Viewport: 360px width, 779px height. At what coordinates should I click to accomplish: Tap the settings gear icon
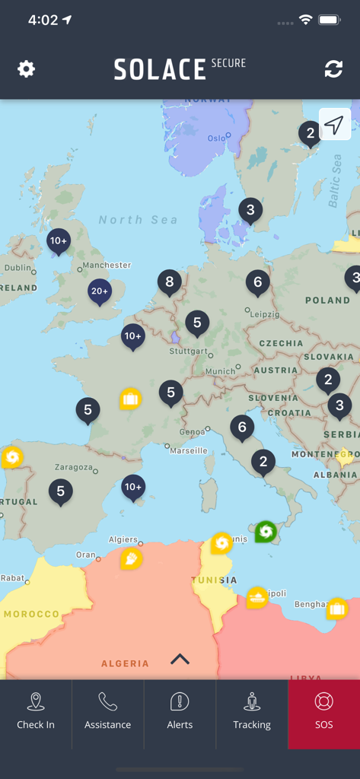coord(27,69)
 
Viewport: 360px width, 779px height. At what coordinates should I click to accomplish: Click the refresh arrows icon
coord(333,69)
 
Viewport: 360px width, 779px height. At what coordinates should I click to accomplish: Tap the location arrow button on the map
coord(335,126)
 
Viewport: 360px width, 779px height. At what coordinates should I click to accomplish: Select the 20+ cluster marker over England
coord(100,291)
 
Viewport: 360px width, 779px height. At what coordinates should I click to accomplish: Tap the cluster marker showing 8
coord(170,282)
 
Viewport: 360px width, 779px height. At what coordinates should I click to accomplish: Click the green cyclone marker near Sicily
coord(266,531)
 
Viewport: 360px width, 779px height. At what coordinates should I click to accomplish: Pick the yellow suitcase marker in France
coord(130,399)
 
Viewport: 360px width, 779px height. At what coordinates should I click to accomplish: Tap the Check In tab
coord(36,713)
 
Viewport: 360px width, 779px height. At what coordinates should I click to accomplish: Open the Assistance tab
coord(107,713)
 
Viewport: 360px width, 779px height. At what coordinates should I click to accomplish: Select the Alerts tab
coord(180,713)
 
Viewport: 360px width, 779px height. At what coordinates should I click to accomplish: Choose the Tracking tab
coord(252,713)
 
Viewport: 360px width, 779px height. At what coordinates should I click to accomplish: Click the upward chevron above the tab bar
coord(180,659)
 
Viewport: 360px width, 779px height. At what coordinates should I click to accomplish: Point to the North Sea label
coord(138,220)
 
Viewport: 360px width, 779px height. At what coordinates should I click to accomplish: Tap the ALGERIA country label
coord(125,663)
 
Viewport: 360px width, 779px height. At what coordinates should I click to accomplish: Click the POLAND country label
coord(327,300)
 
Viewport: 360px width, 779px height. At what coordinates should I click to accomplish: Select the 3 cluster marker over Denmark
coord(250,210)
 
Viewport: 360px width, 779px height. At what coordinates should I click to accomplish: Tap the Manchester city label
coord(107,265)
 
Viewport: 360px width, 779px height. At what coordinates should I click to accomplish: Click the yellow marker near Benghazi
coord(337,609)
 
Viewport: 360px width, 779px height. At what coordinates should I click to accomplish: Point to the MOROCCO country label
coord(31,614)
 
